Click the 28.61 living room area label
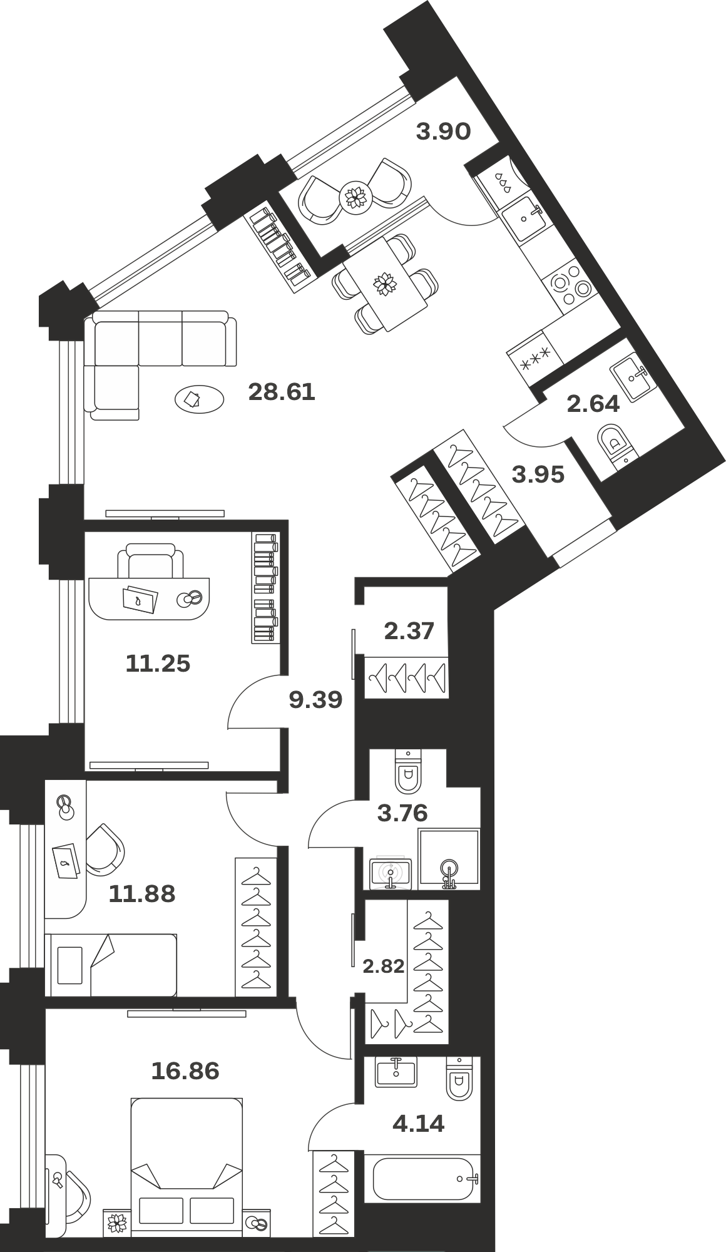click(x=282, y=393)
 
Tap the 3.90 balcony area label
click(x=443, y=131)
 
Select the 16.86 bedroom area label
click(x=185, y=1071)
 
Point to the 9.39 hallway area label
click(x=315, y=700)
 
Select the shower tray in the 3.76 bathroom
click(x=449, y=859)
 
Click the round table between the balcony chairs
click(x=355, y=197)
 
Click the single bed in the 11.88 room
click(x=111, y=965)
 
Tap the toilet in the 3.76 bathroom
click(x=408, y=771)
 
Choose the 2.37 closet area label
click(x=409, y=630)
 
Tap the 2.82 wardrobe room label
click(x=384, y=967)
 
